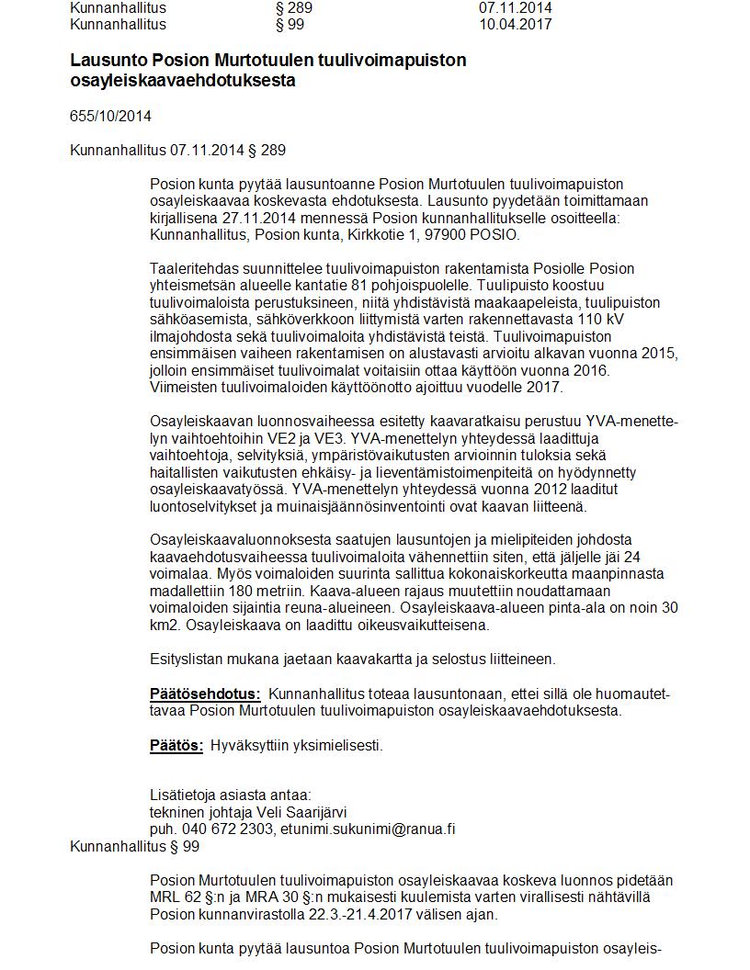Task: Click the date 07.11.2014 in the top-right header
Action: pyautogui.click(x=515, y=7)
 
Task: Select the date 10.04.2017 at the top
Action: pyautogui.click(x=515, y=24)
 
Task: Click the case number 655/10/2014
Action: pyautogui.click(x=110, y=117)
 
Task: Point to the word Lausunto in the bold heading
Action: pyautogui.click(x=104, y=61)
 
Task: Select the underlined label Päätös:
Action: pyautogui.click(x=176, y=746)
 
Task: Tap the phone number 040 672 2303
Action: pyautogui.click(x=226, y=829)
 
